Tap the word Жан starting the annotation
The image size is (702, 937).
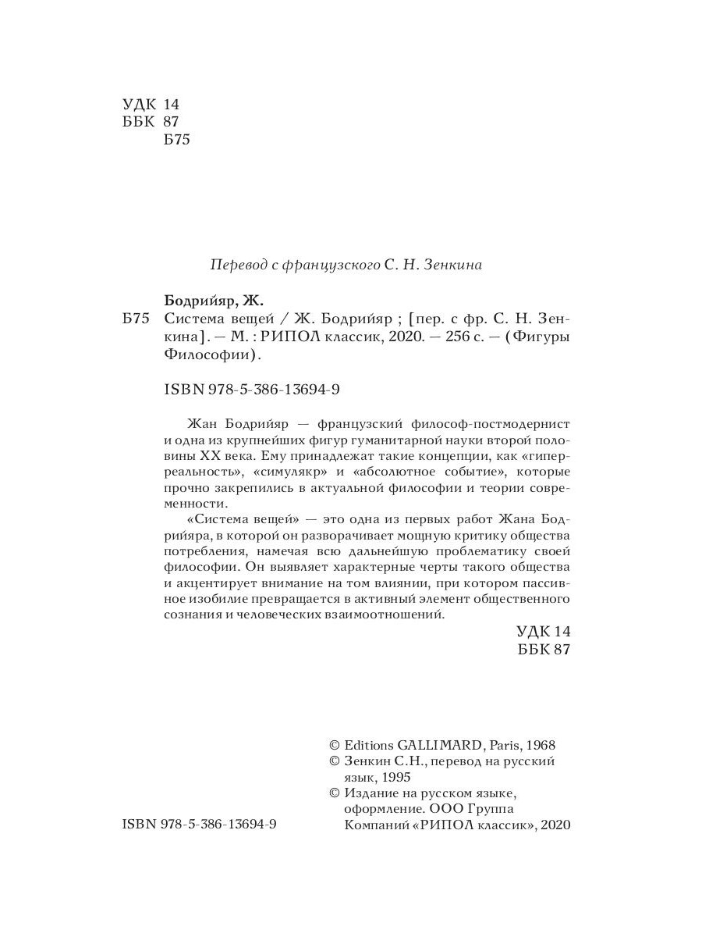(204, 423)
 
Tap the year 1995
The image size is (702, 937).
(393, 778)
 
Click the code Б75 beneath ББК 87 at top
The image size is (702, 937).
(178, 140)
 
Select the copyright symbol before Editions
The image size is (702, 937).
(335, 745)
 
